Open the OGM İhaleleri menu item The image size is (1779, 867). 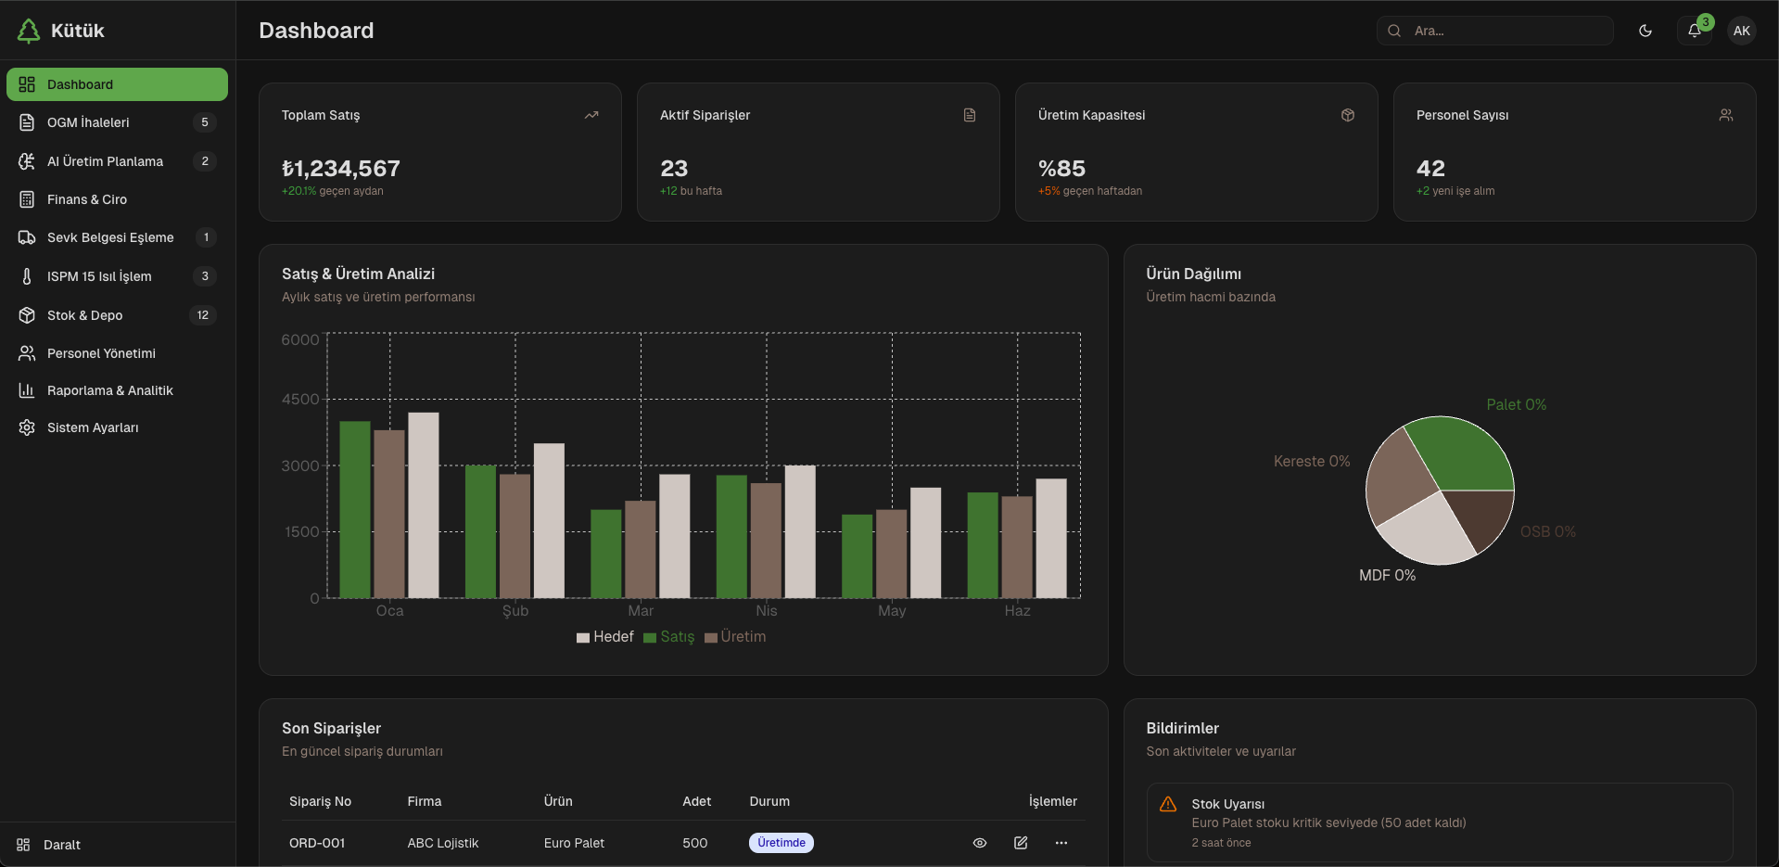(88, 122)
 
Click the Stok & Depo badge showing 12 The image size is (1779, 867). (203, 315)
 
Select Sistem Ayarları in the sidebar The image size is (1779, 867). (93, 427)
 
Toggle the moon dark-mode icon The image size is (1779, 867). (1646, 31)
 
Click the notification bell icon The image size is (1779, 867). (1694, 31)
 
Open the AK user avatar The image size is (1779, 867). (1742, 31)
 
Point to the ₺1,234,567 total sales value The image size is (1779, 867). (341, 169)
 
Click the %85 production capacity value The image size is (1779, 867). (1061, 169)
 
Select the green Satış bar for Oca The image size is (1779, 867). (355, 509)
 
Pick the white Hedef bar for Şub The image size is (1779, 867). (549, 520)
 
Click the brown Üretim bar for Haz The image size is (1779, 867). (1017, 547)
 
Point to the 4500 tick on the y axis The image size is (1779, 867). (300, 400)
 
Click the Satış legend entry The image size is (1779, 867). (669, 637)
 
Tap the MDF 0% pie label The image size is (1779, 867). (1387, 576)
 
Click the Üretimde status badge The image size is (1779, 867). (781, 843)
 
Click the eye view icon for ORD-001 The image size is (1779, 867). (980, 843)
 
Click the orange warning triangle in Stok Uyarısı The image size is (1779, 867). (1168, 804)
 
